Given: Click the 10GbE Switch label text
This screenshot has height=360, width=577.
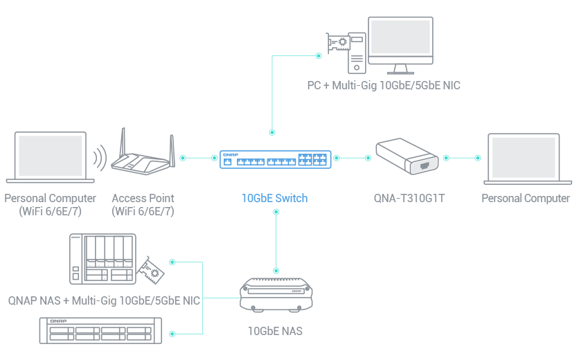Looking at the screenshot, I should pos(274,198).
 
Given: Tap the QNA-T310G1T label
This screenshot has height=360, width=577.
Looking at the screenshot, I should pos(409,199).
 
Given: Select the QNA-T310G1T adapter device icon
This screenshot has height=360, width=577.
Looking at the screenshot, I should pos(408,158).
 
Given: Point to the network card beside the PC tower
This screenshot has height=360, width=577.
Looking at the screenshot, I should pos(339,44).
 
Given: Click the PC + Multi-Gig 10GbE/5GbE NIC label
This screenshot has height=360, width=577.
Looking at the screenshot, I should pos(383,86).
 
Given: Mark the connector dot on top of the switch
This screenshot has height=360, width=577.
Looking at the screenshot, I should pos(272,131).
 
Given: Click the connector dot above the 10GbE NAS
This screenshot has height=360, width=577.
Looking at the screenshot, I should pos(276,269).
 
